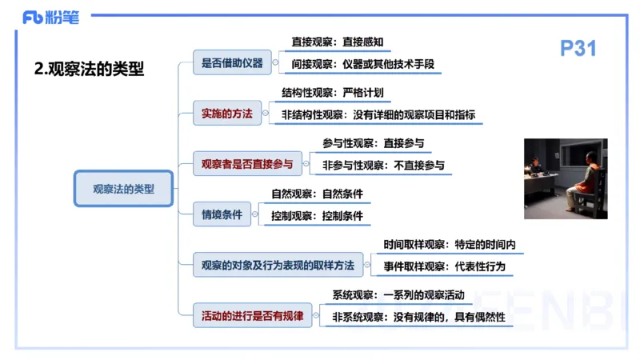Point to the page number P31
click(x=578, y=49)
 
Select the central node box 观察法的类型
click(x=123, y=189)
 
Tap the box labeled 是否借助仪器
click(x=232, y=62)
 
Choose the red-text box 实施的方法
click(x=227, y=114)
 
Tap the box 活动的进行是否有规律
click(x=252, y=315)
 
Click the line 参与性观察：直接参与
click(x=373, y=144)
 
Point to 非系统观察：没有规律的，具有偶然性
click(x=419, y=318)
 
